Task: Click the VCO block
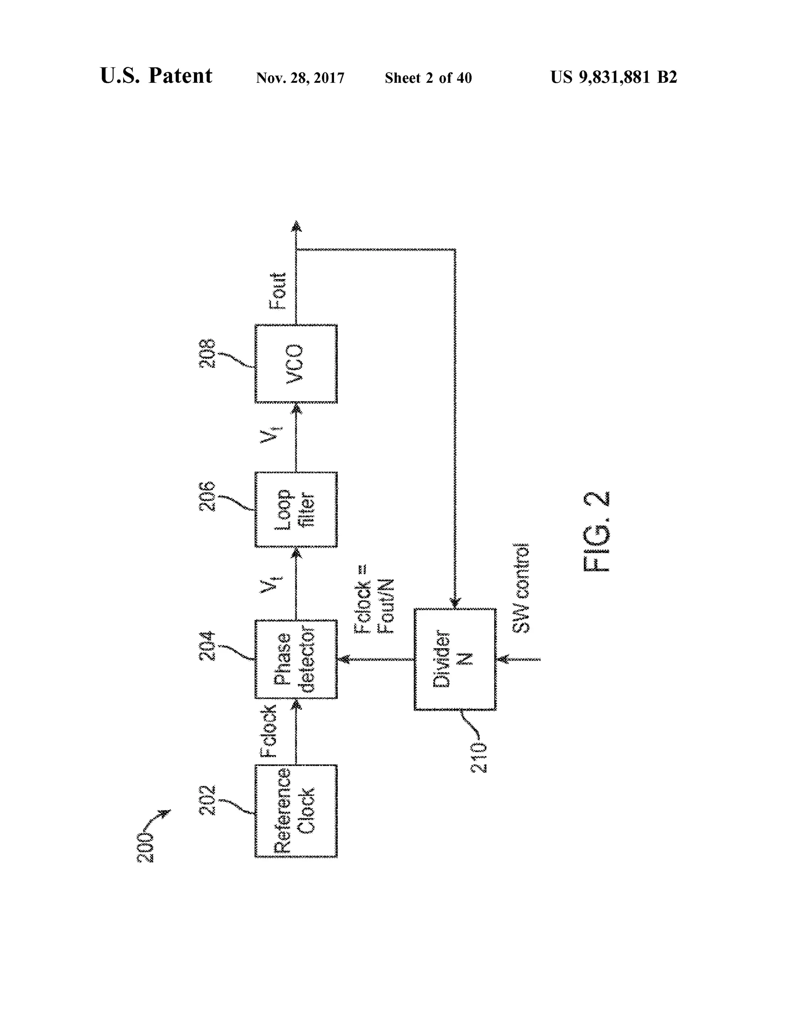click(x=296, y=363)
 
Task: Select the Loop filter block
click(x=296, y=509)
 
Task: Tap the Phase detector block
click(x=296, y=659)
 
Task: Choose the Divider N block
click(x=455, y=659)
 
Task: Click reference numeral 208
click(x=208, y=354)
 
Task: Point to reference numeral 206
click(x=208, y=497)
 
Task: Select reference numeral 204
click(x=208, y=646)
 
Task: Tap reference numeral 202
click(x=208, y=801)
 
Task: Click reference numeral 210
click(x=479, y=757)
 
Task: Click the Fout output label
click(x=278, y=291)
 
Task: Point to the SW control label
click(x=521, y=588)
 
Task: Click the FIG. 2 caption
click(x=597, y=532)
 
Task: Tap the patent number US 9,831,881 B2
click(x=613, y=77)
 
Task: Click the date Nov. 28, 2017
click(x=300, y=78)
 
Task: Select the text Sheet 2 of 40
click(x=428, y=78)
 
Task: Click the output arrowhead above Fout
click(x=296, y=226)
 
